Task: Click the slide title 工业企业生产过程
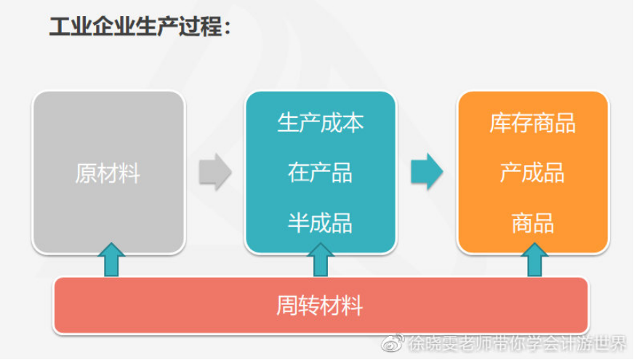click(x=136, y=27)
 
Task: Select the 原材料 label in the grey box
click(x=108, y=173)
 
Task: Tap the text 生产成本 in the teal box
click(x=320, y=123)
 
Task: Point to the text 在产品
click(x=320, y=172)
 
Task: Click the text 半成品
click(x=320, y=223)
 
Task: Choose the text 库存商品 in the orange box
click(x=532, y=123)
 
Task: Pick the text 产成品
click(x=532, y=172)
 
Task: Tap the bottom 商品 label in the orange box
click(x=532, y=223)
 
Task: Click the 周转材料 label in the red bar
click(x=319, y=305)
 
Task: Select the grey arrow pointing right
click(x=215, y=172)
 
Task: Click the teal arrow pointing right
click(x=427, y=172)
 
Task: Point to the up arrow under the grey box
click(x=111, y=260)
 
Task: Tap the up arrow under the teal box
click(x=321, y=260)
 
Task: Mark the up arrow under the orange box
click(x=534, y=260)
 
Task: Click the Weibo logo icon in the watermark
click(x=392, y=343)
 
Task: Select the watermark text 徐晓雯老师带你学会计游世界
click(x=517, y=343)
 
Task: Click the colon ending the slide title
click(x=228, y=28)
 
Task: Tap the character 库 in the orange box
click(x=500, y=123)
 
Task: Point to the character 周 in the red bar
click(x=287, y=305)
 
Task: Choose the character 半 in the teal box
click(x=298, y=223)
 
